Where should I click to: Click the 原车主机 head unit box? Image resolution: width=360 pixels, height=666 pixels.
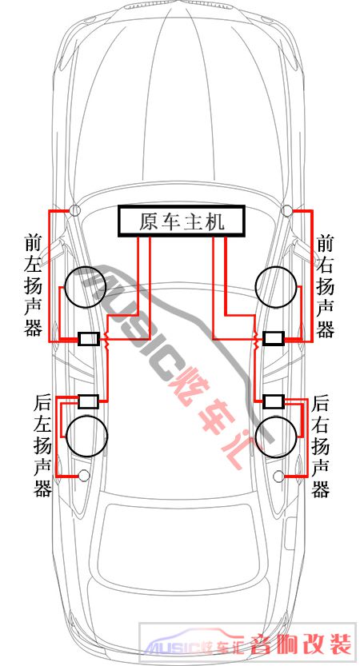click(x=182, y=221)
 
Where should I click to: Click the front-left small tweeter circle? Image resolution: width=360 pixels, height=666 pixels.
click(x=75, y=209)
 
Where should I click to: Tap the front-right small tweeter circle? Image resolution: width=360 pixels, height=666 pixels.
click(x=287, y=209)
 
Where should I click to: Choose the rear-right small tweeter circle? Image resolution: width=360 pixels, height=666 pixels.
click(x=279, y=477)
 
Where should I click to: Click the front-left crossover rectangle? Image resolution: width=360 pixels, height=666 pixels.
click(x=89, y=339)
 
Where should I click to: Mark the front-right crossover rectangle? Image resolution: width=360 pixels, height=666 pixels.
click(x=274, y=338)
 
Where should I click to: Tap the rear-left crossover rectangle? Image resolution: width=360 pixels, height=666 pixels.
click(x=89, y=401)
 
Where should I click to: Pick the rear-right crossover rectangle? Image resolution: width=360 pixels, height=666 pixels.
click(x=274, y=401)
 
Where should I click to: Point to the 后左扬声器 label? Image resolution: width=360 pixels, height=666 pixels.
click(x=42, y=445)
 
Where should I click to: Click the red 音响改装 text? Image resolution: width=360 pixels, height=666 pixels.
click(x=302, y=644)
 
